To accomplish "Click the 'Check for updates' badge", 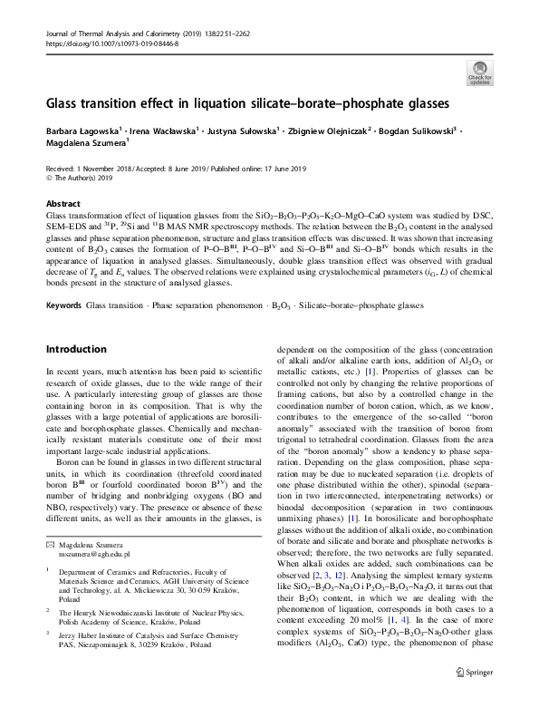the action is point(479,73).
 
